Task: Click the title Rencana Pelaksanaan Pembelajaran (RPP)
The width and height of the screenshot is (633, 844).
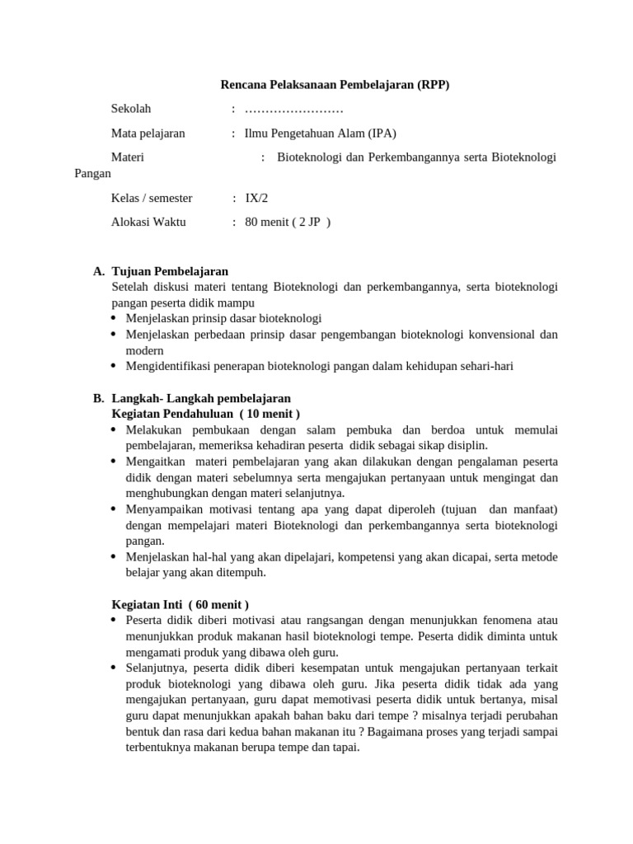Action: tap(335, 85)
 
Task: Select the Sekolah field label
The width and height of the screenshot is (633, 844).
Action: tap(131, 109)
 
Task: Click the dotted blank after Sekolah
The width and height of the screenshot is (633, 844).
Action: tap(294, 110)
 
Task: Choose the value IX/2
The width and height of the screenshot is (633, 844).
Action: tap(256, 198)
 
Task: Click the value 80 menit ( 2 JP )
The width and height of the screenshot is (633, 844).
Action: tap(288, 222)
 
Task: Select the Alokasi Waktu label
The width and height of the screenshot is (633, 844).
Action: tap(148, 222)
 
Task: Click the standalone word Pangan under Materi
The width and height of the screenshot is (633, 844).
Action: tap(93, 174)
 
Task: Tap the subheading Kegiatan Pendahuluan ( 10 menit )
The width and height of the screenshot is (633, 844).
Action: tap(205, 413)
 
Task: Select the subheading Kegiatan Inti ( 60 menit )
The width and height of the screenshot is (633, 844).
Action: tap(180, 604)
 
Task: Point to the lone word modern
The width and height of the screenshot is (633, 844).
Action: tap(144, 350)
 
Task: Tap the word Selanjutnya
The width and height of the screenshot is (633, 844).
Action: tap(156, 668)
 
